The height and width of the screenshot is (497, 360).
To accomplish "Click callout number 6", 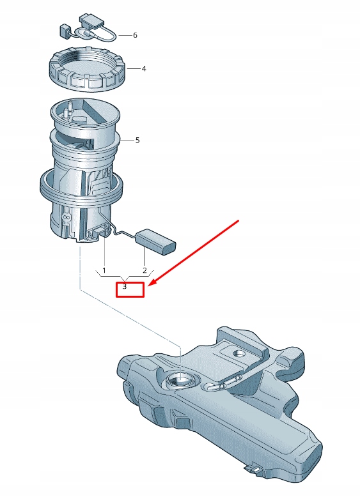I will [135, 35].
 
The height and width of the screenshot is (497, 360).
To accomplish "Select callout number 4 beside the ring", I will [144, 68].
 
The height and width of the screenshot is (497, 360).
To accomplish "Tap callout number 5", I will [137, 140].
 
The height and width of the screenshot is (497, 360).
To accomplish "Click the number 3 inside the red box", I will [125, 287].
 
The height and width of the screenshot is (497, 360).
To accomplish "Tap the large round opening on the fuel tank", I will [180, 382].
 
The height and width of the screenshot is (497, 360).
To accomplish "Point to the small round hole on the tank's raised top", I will [239, 353].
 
